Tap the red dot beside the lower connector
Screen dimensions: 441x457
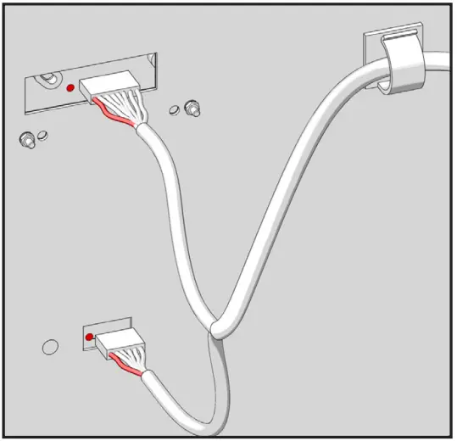tap(88, 338)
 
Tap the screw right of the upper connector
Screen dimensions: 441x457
tap(192, 109)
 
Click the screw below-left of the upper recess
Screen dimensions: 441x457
tap(27, 138)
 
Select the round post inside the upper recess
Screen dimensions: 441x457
tap(48, 79)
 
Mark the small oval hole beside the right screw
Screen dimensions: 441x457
tap(176, 109)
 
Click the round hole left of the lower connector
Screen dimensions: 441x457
tap(50, 346)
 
